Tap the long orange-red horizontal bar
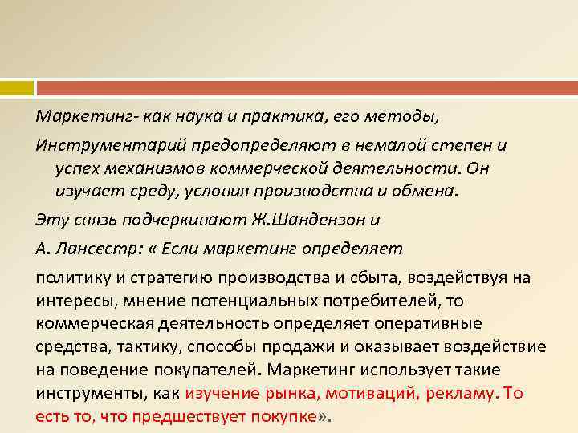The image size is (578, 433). pyautogui.click(x=306, y=87)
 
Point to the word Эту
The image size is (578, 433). pyautogui.click(x=51, y=220)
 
